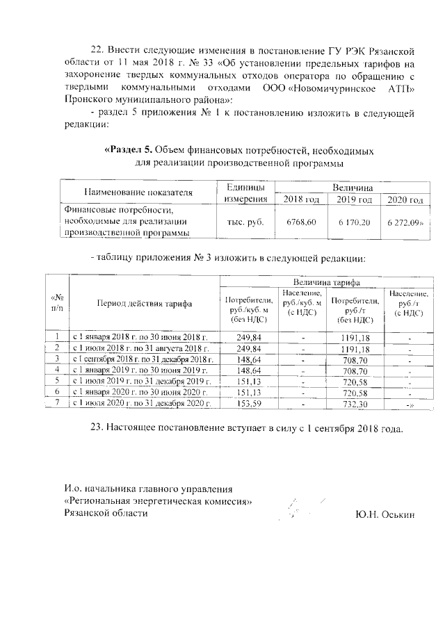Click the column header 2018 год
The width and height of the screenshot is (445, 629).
pyautogui.click(x=302, y=200)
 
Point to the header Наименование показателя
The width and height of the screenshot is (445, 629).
pyautogui.click(x=138, y=193)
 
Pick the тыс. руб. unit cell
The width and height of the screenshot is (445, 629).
pyautogui.click(x=245, y=222)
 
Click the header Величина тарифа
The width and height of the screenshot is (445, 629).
pyautogui.click(x=327, y=281)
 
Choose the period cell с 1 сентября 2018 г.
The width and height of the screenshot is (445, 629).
pyautogui.click(x=142, y=359)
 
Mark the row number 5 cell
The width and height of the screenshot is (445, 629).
pyautogui.click(x=58, y=381)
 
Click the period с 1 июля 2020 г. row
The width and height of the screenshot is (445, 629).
pyautogui.click(x=142, y=403)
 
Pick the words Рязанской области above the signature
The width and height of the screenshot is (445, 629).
pyautogui.click(x=106, y=513)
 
